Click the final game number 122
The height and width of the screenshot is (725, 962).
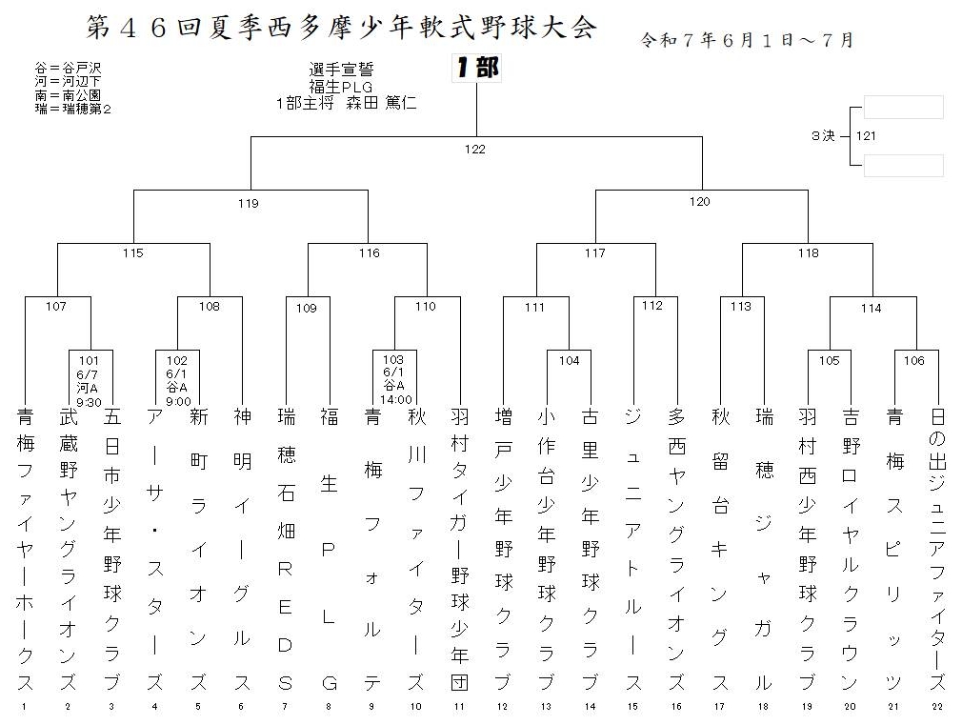(475, 150)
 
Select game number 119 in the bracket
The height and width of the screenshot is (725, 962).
(248, 203)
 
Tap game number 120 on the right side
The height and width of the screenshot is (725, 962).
(699, 201)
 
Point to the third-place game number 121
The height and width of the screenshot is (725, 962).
(866, 135)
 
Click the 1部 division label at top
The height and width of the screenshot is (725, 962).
(477, 68)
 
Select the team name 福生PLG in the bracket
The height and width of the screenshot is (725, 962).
(329, 550)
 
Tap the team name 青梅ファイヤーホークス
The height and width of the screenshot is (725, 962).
(25, 550)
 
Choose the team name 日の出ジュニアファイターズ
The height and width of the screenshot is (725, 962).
(937, 550)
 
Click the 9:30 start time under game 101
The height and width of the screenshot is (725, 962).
(89, 403)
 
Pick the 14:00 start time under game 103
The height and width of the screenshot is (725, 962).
(395, 399)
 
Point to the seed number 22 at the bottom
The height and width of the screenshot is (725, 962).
(937, 707)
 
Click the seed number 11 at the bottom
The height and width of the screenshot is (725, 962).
(459, 707)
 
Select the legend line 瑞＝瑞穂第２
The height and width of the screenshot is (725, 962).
(73, 110)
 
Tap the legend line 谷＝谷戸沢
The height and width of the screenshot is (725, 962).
(68, 68)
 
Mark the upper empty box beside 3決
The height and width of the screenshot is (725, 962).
(904, 107)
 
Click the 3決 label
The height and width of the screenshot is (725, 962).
(823, 135)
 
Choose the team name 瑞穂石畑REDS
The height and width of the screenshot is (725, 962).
(286, 550)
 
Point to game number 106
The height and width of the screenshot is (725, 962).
(913, 361)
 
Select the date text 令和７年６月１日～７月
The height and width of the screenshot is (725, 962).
(748, 41)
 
